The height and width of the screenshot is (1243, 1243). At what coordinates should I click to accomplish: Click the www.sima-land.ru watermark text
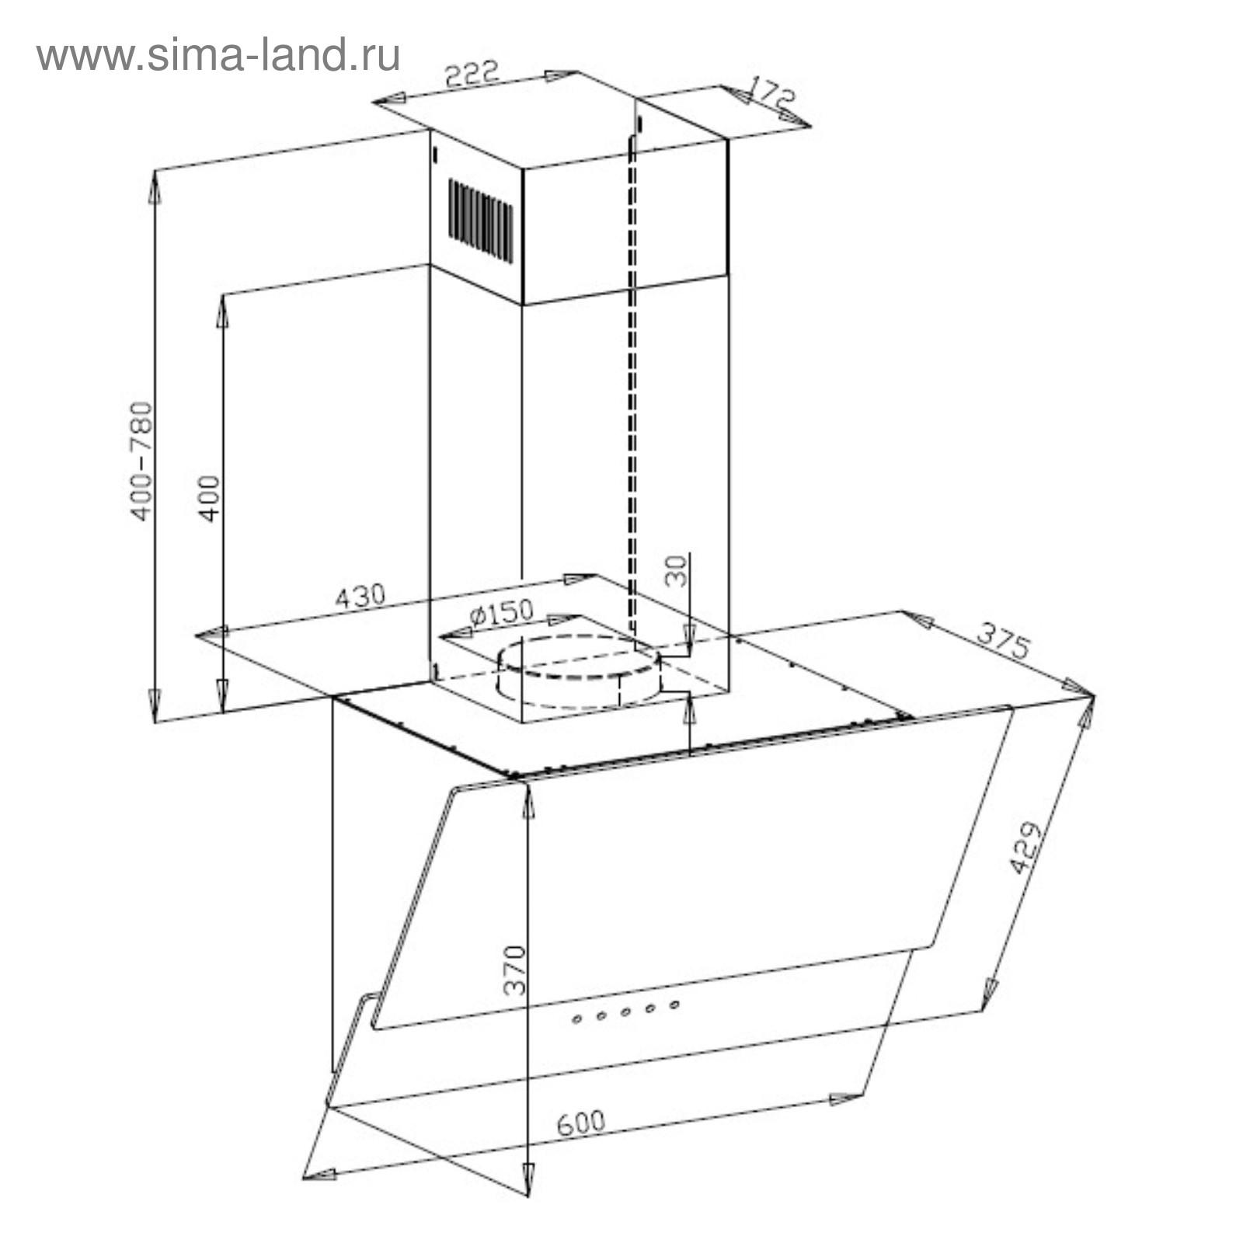(218, 56)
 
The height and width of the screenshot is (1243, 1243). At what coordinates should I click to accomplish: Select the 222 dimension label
(471, 75)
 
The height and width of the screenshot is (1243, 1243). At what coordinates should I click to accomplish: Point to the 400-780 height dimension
(141, 461)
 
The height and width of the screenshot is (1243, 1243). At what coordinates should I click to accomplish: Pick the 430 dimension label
(360, 596)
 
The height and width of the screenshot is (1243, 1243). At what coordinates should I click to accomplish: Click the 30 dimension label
(677, 571)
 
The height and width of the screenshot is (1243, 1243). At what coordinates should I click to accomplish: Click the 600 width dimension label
(580, 1123)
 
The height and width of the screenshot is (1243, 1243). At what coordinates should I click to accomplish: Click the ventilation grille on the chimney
(480, 221)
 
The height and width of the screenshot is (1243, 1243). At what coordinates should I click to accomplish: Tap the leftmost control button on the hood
(576, 1019)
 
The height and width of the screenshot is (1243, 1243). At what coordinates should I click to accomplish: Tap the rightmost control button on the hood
(674, 1004)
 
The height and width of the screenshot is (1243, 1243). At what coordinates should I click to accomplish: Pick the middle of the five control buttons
(625, 1012)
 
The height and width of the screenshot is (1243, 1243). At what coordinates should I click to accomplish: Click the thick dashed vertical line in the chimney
(632, 388)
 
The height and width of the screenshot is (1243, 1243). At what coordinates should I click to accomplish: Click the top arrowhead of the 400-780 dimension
(155, 186)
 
